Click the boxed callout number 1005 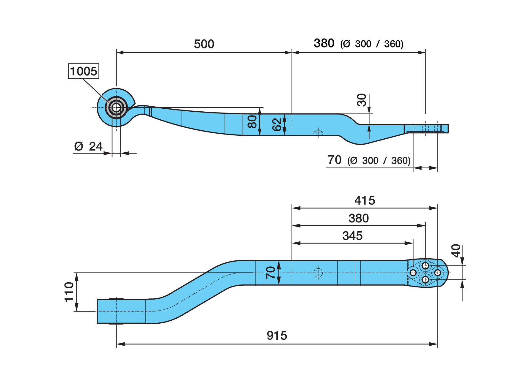(84, 71)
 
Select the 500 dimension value (204, 44)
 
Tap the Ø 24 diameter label (88, 146)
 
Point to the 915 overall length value (277, 336)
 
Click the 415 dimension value (365, 200)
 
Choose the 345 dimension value (352, 236)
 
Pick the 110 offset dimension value (69, 292)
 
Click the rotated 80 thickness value (252, 122)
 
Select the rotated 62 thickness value (277, 124)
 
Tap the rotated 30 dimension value (362, 100)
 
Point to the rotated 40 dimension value (456, 251)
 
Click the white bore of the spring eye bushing (116, 107)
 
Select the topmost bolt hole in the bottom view (425, 265)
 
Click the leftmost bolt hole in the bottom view (413, 273)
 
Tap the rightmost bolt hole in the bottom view (437, 273)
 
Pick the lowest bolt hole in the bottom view (425, 279)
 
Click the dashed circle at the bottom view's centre (318, 273)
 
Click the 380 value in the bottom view (359, 218)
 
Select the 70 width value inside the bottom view (271, 273)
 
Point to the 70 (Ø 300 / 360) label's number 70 (335, 160)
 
